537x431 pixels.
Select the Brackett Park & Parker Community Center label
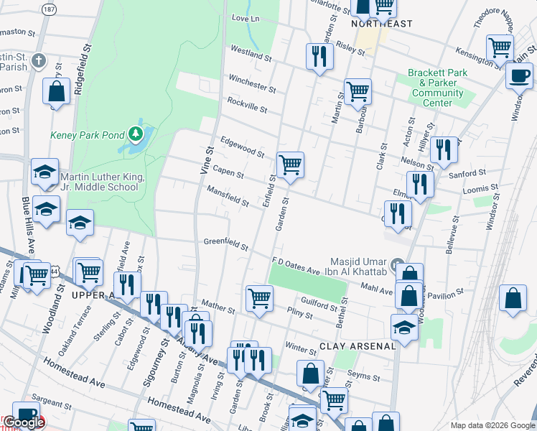pos(437,88)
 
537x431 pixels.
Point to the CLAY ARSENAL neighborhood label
pos(358,346)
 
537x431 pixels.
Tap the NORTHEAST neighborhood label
pos(382,24)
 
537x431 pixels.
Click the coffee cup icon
pos(519,75)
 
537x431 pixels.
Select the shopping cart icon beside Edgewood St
pos(290,164)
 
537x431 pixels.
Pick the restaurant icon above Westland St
pos(318,56)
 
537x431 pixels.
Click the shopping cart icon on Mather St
pos(259,297)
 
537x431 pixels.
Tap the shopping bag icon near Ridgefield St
pos(56,92)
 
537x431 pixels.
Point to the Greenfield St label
pos(225,244)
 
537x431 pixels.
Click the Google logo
pos(23,422)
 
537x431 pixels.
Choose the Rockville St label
pos(247,106)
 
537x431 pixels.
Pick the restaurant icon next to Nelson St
pos(444,149)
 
